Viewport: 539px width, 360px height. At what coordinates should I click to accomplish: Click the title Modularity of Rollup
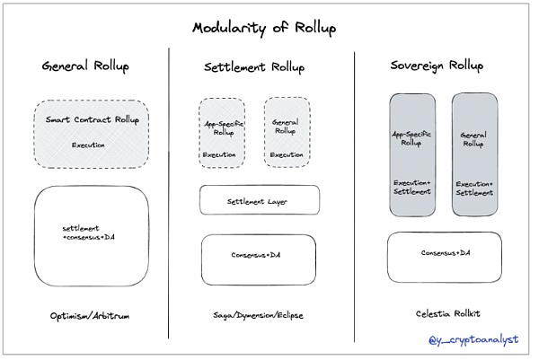coord(263,28)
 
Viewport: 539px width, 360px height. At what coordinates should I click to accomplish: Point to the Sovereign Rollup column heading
coord(436,66)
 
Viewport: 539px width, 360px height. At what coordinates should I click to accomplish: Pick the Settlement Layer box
coord(259,200)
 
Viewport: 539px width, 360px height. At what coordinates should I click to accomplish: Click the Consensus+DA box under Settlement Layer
coord(259,257)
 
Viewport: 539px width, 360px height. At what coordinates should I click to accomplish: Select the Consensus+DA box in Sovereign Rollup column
coord(446,254)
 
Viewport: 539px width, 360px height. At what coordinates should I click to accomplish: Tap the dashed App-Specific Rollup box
coord(221,132)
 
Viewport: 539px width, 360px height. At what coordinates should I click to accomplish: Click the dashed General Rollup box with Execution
coord(287,132)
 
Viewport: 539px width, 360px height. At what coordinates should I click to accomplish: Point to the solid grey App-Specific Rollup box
coord(412,154)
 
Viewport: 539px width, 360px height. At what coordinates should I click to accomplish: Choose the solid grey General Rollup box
coord(474,154)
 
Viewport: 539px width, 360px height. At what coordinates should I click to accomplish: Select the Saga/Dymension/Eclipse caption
coord(258,316)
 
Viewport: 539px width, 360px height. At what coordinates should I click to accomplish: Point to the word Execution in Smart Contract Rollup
coord(89,145)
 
